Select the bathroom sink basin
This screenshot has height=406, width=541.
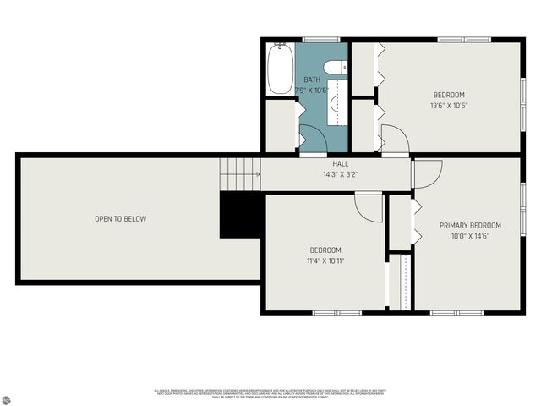(336, 104)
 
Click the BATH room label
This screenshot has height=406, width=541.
(312, 80)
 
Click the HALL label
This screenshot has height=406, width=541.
(341, 164)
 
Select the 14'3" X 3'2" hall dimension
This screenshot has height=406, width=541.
(341, 174)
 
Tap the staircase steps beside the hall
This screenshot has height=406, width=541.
(241, 174)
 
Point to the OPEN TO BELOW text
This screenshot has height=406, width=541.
(120, 219)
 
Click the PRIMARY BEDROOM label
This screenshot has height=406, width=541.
(469, 226)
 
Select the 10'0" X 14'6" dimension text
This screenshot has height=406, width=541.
(469, 237)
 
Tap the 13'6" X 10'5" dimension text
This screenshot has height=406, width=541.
(449, 106)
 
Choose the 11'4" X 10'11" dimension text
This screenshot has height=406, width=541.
(325, 261)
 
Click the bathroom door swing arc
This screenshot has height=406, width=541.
(311, 137)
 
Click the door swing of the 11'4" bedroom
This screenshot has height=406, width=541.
(369, 206)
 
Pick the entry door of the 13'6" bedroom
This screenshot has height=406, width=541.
(394, 139)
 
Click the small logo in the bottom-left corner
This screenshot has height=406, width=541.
(9, 397)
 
